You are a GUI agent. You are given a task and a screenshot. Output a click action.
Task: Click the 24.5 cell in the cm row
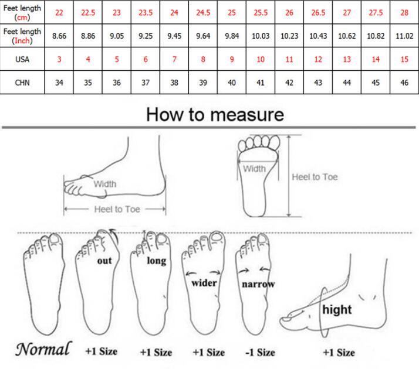[203, 12]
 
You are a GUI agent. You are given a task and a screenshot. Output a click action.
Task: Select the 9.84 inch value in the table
[232, 36]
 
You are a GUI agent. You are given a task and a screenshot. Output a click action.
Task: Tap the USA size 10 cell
[261, 59]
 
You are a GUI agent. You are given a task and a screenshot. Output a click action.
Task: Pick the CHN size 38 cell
[174, 83]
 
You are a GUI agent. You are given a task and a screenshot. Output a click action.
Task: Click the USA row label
[22, 59]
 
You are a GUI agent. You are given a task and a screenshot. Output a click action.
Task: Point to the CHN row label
[22, 83]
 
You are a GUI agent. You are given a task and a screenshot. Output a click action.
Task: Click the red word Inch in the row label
[22, 40]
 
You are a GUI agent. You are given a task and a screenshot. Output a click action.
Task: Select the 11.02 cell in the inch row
[404, 36]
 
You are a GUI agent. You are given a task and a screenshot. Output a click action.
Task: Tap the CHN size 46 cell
[404, 83]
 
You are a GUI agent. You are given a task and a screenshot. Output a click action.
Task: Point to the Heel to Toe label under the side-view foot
[117, 209]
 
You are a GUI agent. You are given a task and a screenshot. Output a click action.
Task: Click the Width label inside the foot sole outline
[255, 169]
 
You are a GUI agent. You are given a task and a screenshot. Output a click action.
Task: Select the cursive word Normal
[43, 348]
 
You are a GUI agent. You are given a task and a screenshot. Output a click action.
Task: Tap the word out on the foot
[104, 261]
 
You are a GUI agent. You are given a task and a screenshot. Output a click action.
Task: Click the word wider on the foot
[204, 283]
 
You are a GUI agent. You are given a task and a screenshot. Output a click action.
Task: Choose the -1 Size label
[261, 353]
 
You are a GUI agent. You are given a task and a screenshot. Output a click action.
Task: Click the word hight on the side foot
[337, 309]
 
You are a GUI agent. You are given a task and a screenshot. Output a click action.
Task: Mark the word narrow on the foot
[258, 284]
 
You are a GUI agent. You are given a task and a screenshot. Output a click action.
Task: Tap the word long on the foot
[157, 261]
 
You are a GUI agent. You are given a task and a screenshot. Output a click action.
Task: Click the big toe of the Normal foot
[55, 240]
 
